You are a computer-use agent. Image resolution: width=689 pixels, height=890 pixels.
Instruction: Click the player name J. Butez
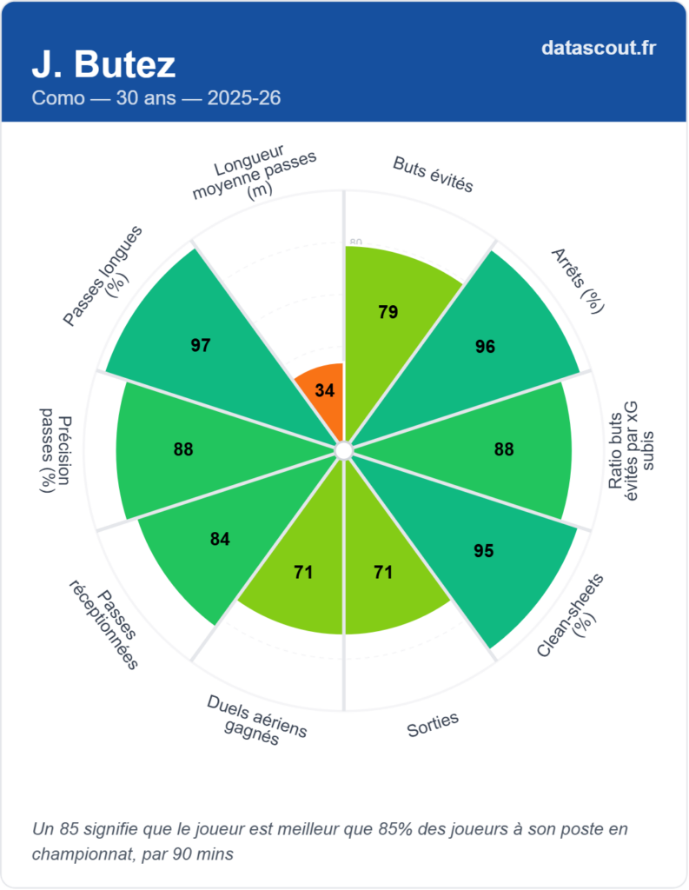pos(103,63)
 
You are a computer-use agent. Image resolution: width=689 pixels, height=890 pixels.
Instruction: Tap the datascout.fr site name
pos(598,48)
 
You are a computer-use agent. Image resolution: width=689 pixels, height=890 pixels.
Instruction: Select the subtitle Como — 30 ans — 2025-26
pos(156,98)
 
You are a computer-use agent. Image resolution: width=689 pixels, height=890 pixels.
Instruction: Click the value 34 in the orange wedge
pos(325,391)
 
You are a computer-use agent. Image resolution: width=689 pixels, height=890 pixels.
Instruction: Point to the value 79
pos(388,312)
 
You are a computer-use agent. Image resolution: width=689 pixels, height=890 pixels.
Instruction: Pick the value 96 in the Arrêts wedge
pos(485,347)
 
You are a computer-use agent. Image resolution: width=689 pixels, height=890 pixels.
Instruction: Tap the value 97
pos(201,346)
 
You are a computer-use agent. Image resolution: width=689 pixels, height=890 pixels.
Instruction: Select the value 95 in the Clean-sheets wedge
pos(485,551)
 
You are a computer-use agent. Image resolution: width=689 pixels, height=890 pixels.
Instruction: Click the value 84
pos(220,539)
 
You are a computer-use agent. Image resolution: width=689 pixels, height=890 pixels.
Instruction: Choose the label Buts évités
pos(433,174)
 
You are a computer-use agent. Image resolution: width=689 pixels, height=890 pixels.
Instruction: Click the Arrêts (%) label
pos(578,280)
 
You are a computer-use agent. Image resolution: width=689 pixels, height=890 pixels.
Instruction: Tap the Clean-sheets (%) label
pos(571,616)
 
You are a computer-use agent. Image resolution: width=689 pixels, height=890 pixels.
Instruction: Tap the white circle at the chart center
pos(343,450)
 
